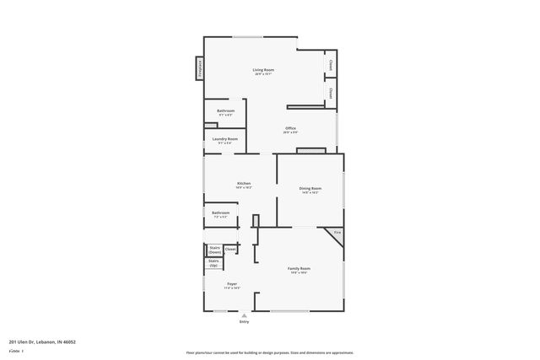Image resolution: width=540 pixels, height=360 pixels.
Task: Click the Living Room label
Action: (264, 69)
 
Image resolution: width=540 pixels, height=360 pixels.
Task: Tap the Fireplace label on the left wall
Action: (200, 67)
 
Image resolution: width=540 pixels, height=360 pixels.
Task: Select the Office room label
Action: (290, 128)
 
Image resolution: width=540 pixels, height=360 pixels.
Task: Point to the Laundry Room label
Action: (225, 138)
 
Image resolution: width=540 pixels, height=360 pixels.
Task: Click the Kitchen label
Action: (243, 183)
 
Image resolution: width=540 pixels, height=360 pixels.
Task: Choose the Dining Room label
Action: (310, 188)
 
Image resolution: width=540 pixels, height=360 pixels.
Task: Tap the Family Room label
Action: (300, 268)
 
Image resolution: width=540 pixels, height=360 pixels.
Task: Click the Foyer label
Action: (231, 283)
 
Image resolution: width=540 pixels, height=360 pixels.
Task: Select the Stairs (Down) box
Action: (214, 250)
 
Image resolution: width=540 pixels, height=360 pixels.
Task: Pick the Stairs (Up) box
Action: (213, 263)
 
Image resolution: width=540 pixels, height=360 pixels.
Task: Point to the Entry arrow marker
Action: (244, 315)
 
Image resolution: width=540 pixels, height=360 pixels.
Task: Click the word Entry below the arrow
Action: (244, 321)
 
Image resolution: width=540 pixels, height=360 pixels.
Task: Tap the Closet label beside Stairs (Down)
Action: (230, 249)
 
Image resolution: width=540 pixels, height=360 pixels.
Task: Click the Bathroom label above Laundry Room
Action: (225, 111)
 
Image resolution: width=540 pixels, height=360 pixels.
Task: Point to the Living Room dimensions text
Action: (264, 74)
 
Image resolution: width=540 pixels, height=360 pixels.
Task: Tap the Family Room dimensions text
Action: (300, 272)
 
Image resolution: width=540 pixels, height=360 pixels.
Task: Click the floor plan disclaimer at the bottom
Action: (269, 352)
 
